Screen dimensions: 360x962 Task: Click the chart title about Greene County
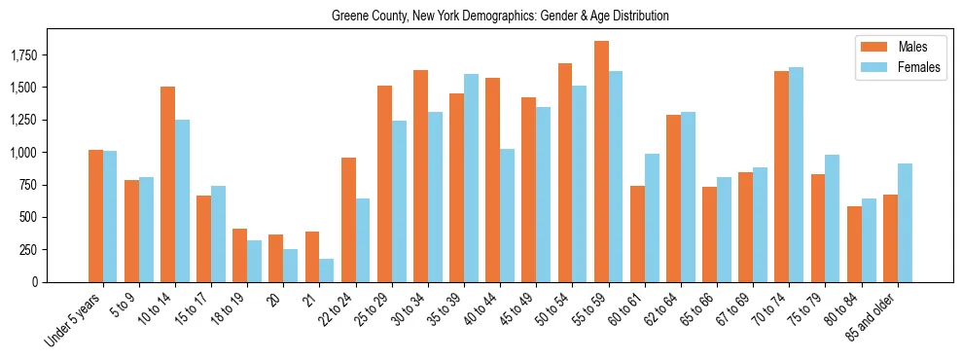[500, 17]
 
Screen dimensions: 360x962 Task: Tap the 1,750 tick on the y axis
[23, 55]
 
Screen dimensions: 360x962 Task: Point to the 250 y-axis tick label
[29, 250]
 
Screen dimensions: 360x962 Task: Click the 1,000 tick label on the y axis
[23, 153]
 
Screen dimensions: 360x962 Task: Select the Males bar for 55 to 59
[601, 162]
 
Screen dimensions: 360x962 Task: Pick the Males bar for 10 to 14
[167, 184]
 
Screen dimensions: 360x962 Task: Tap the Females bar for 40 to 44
[508, 215]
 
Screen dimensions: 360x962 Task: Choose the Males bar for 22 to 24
[348, 220]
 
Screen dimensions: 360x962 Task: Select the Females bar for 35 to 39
[471, 178]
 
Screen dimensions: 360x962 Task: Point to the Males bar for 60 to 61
[637, 234]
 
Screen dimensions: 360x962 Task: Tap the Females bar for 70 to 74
[797, 174]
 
